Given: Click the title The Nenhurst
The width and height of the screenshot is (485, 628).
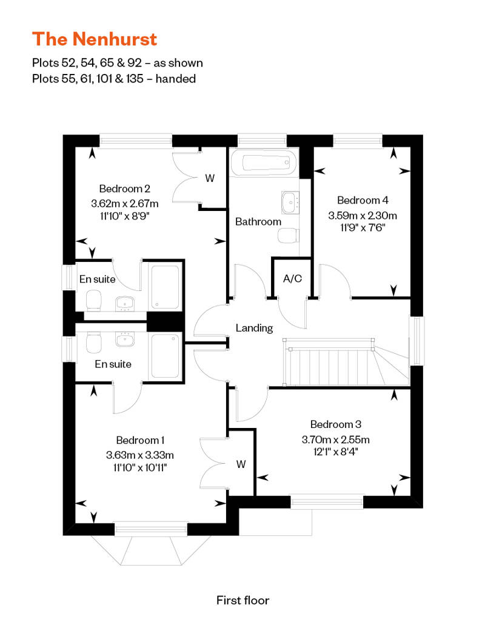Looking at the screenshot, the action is click(x=95, y=39).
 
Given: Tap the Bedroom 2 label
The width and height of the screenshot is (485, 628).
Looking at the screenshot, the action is click(x=124, y=189).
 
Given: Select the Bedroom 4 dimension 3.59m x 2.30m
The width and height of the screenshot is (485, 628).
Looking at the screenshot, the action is click(x=363, y=215).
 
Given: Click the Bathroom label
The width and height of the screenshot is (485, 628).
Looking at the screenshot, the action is click(x=258, y=221).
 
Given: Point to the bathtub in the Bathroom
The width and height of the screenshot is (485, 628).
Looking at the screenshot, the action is click(x=265, y=162).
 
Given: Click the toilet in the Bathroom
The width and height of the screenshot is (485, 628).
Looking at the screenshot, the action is click(x=289, y=235).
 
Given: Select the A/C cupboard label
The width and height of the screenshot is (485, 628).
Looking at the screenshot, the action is click(x=292, y=278).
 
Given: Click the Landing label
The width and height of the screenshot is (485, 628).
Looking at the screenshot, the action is click(x=254, y=328).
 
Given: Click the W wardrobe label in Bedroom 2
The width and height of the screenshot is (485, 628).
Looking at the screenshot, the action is click(x=210, y=178).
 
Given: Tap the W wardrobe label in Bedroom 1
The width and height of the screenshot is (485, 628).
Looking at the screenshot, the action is click(x=241, y=464).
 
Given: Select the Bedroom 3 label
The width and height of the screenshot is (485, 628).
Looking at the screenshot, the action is click(x=336, y=424).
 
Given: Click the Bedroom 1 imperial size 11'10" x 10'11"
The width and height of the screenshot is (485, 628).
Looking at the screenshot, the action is click(x=140, y=467).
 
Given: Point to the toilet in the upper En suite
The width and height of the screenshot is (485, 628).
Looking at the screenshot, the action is click(x=94, y=301).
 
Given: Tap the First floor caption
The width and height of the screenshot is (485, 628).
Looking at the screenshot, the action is click(x=242, y=600).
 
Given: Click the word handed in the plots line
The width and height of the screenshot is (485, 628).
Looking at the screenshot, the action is click(x=175, y=79).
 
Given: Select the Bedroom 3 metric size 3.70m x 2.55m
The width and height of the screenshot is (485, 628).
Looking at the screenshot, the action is click(x=336, y=439).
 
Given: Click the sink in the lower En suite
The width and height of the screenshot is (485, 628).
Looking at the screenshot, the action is click(x=124, y=339).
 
